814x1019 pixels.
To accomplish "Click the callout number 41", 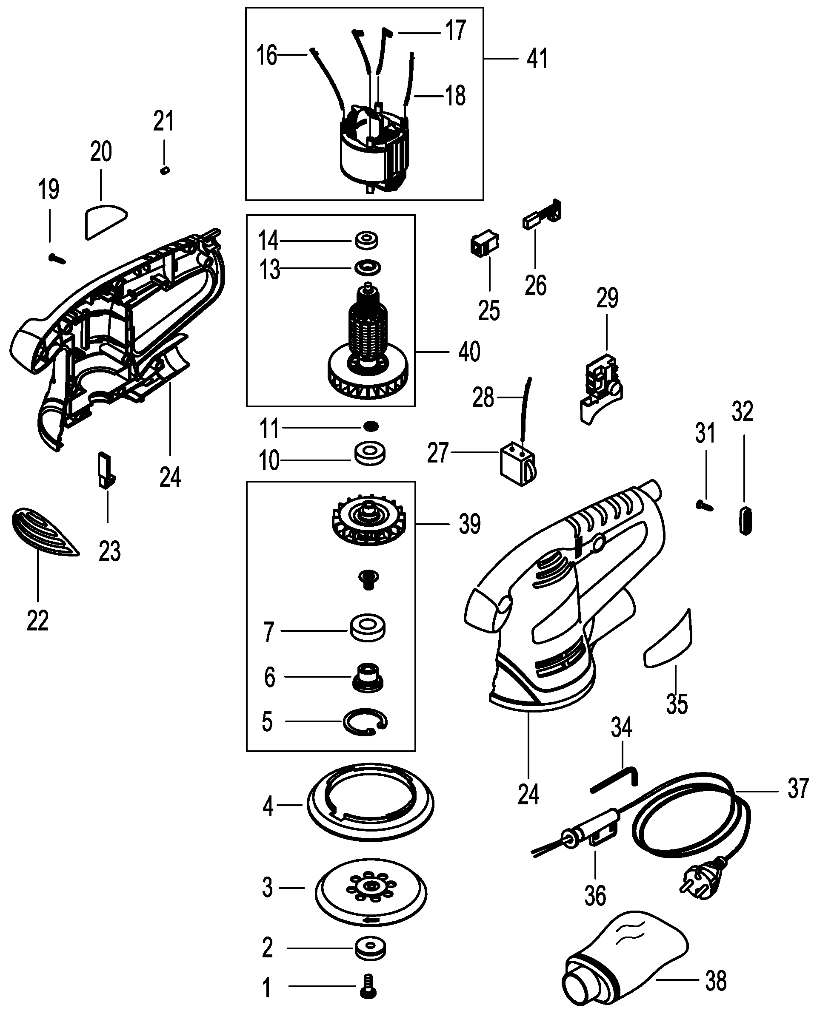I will pyautogui.click(x=537, y=59).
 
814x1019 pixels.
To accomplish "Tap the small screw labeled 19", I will pyautogui.click(x=57, y=258).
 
